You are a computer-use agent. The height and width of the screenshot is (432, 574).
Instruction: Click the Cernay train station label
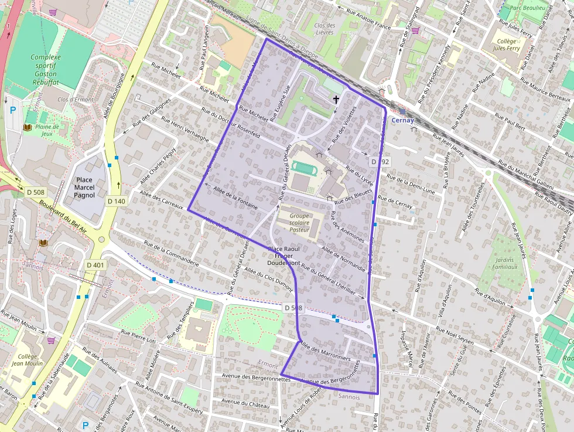coord(403,120)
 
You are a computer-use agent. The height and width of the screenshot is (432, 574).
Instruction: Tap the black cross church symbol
coord(336,100)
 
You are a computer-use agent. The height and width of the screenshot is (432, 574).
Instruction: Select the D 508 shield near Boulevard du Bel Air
coord(36,192)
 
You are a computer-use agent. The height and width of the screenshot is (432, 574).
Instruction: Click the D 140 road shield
coord(117,201)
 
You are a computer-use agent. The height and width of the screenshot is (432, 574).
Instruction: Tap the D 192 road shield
coord(380,161)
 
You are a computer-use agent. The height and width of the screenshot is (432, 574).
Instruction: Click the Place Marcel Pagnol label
coord(84,188)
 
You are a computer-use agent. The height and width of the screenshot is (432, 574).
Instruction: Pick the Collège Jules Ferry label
coord(506,45)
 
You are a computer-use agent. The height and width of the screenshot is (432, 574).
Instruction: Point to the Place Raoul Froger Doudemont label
coord(284,256)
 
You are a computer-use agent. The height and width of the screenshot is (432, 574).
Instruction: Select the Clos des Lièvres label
coord(324,29)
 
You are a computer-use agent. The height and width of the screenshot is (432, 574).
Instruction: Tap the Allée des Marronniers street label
coord(324,350)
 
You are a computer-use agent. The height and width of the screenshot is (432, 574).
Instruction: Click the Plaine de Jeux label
coord(47,130)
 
